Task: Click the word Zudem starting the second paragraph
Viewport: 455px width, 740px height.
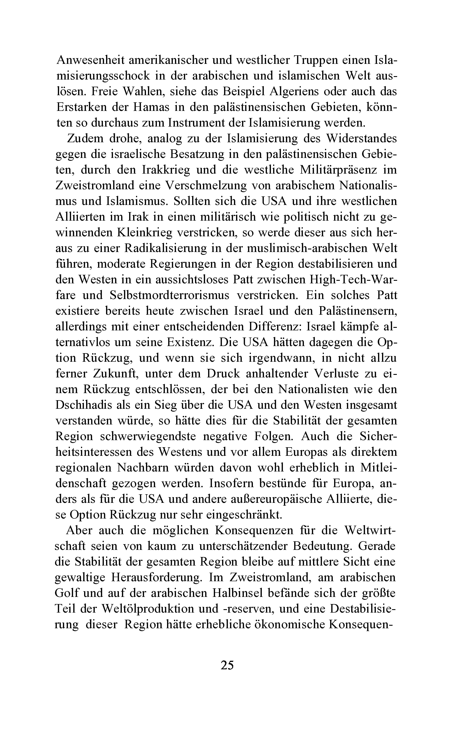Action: point(85,138)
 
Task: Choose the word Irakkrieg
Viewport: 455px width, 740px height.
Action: point(166,170)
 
